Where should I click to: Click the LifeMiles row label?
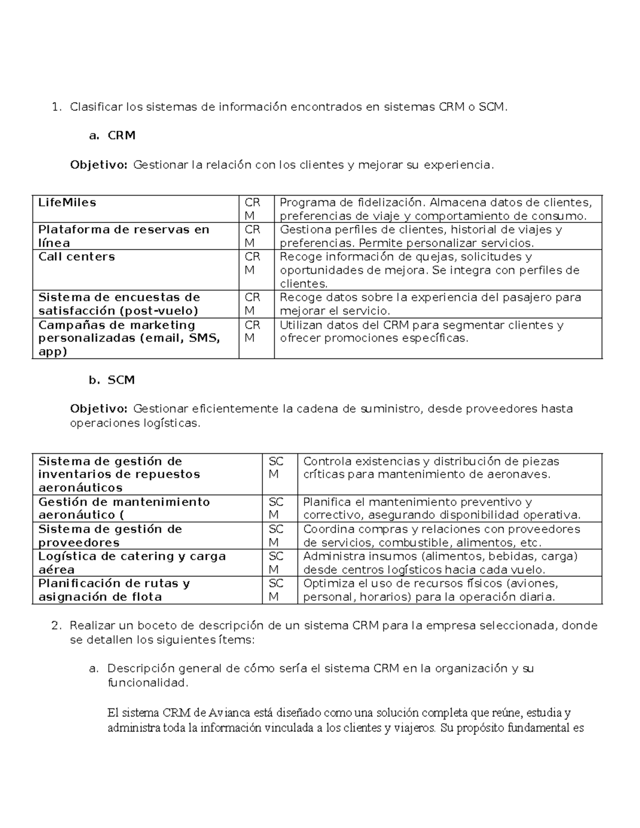[x=67, y=203]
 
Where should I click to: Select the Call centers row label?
[x=76, y=256]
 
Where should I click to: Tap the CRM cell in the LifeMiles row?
[x=252, y=209]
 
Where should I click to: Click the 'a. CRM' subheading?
[x=113, y=135]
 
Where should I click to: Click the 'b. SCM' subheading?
[x=112, y=380]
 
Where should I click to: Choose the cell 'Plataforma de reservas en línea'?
[x=123, y=236]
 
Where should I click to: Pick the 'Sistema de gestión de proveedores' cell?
[x=110, y=536]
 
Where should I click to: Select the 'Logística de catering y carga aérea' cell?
[x=132, y=563]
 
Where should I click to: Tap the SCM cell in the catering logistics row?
[x=276, y=563]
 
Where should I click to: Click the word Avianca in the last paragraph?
[x=230, y=713]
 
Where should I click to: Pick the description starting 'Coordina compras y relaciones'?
[x=441, y=536]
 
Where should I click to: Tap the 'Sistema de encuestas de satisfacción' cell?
[x=119, y=304]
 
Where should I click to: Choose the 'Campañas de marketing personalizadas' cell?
[x=129, y=338]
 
